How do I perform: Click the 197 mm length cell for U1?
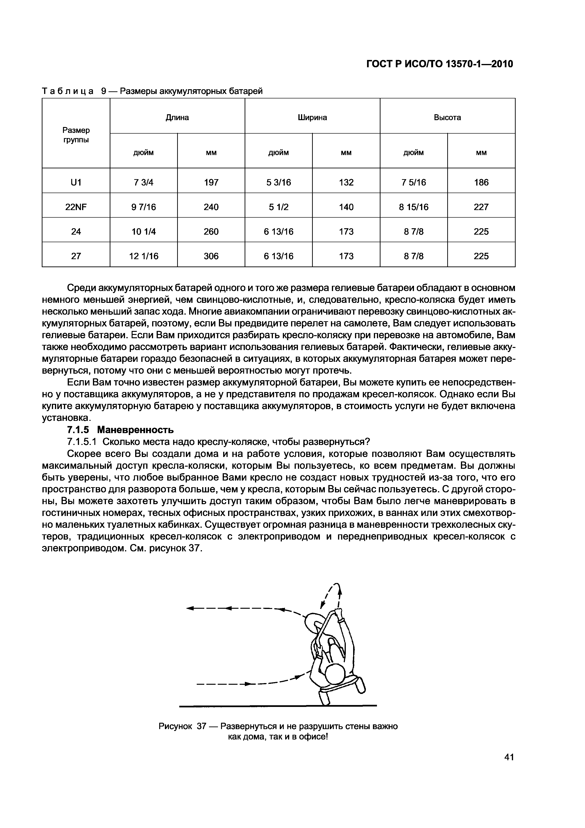[x=211, y=182]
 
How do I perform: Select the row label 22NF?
[x=76, y=207]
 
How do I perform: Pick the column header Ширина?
[x=312, y=118]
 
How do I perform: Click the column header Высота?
[x=447, y=118]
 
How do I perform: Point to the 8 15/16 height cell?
[x=414, y=207]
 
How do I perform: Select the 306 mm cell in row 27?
[x=211, y=256]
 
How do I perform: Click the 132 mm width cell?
[x=346, y=182]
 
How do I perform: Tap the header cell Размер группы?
[x=76, y=135]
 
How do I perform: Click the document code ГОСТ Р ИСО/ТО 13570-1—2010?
[x=439, y=64]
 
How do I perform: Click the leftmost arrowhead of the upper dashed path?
[x=190, y=609]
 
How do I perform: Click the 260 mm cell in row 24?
[x=211, y=232]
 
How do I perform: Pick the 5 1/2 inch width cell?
[x=278, y=207]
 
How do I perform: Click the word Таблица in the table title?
[x=68, y=91]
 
